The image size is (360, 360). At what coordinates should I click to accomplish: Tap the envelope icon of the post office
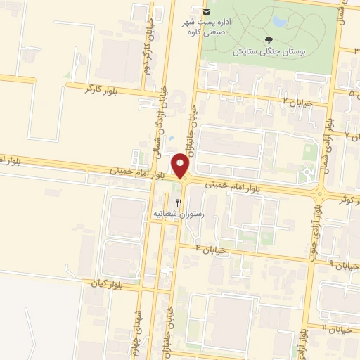coord(205,13)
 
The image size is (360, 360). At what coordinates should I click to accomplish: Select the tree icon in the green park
coord(269,40)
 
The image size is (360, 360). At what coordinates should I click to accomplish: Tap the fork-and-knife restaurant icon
coord(177,202)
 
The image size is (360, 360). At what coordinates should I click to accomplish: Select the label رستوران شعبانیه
coord(183,213)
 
